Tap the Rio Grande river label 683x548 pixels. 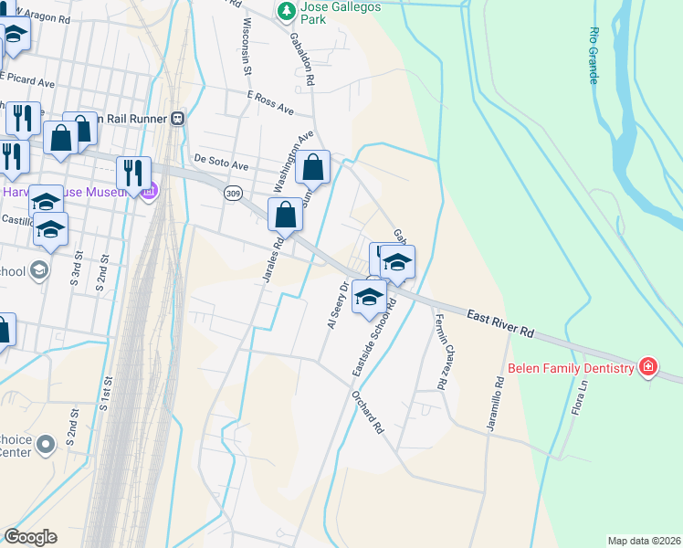point(594,55)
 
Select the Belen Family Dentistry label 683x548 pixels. point(571,368)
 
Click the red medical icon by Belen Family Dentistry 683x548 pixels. point(648,367)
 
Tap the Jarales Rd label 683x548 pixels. point(270,260)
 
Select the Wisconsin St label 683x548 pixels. point(247,35)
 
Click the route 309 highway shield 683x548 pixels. point(233,194)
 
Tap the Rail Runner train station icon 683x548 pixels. point(178,118)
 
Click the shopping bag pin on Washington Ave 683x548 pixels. point(312,167)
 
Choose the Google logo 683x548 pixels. point(30,537)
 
